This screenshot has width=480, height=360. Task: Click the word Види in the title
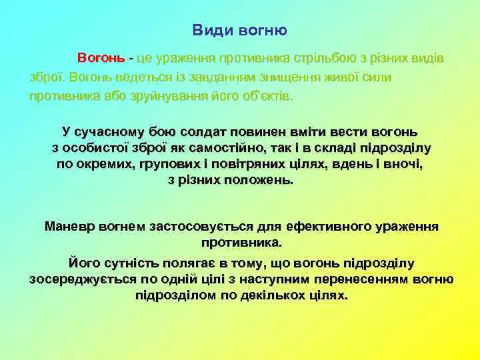pyautogui.click(x=207, y=30)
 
